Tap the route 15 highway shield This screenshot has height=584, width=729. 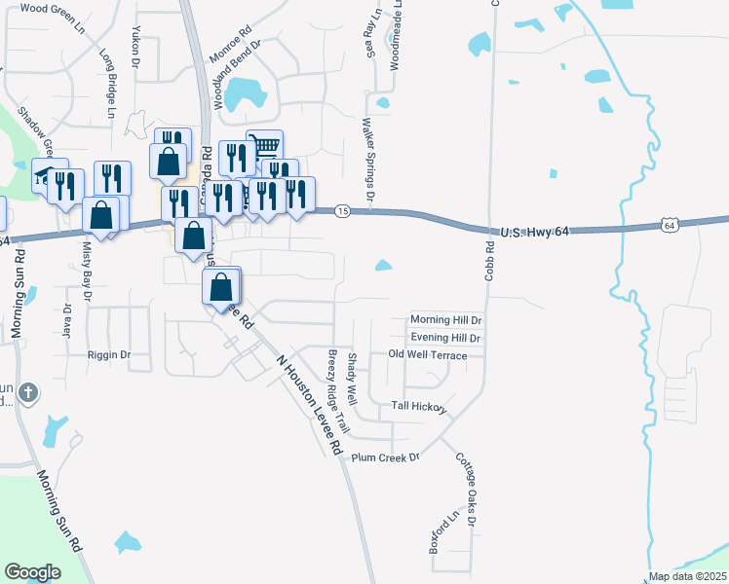[x=342, y=210]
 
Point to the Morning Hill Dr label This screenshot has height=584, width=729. [x=446, y=319]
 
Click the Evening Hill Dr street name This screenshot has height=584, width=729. [x=445, y=338]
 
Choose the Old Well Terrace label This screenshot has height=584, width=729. [x=428, y=355]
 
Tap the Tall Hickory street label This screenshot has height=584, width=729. [x=419, y=405]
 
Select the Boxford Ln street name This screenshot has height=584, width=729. [x=443, y=534]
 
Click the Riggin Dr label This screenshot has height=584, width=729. [x=108, y=355]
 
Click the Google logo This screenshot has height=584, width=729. [x=32, y=572]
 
